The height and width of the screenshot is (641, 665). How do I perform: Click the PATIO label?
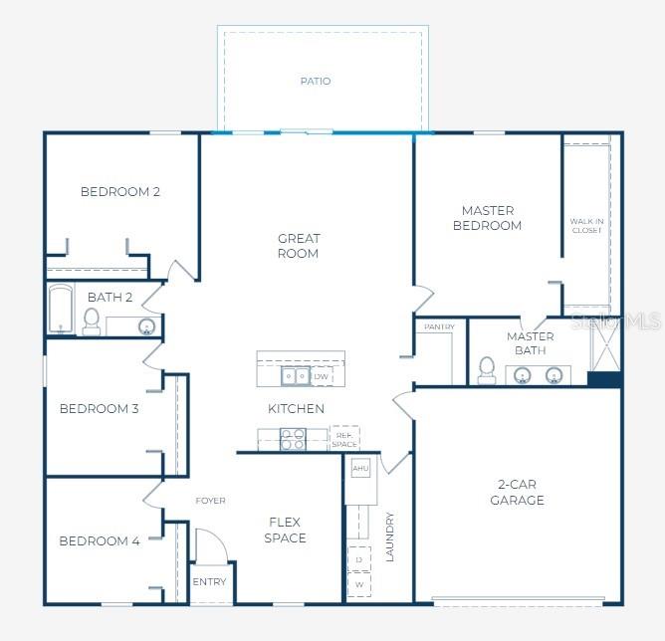[x=316, y=81]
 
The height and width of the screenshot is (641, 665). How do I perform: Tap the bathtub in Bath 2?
[x=60, y=309]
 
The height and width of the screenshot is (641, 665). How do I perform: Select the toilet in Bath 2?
[x=92, y=321]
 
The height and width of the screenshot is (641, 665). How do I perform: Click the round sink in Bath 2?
[x=146, y=326]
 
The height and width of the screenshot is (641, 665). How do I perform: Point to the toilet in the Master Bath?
[x=487, y=370]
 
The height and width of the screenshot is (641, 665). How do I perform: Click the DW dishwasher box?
[x=322, y=376]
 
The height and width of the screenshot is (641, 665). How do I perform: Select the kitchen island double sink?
[x=296, y=376]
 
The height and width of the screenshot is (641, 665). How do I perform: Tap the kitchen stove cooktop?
[x=293, y=439]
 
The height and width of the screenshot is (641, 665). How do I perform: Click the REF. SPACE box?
[x=344, y=438]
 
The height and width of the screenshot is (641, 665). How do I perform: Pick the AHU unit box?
[x=360, y=468]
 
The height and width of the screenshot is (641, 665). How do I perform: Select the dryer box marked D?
[x=358, y=559]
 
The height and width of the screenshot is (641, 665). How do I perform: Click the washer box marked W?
[x=358, y=584]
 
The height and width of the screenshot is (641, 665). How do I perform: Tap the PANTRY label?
[x=439, y=326]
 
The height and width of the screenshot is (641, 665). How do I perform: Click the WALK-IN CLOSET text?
[x=586, y=226]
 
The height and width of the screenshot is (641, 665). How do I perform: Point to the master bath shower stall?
[x=606, y=346]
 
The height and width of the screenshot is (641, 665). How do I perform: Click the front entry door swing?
[x=212, y=546]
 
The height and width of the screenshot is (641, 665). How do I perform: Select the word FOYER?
[x=210, y=501]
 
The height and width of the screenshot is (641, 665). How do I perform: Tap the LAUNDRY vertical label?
[x=390, y=536]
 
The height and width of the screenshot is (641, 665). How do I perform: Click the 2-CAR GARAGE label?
[x=517, y=492]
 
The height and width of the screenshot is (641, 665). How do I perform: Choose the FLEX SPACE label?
[x=285, y=530]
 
